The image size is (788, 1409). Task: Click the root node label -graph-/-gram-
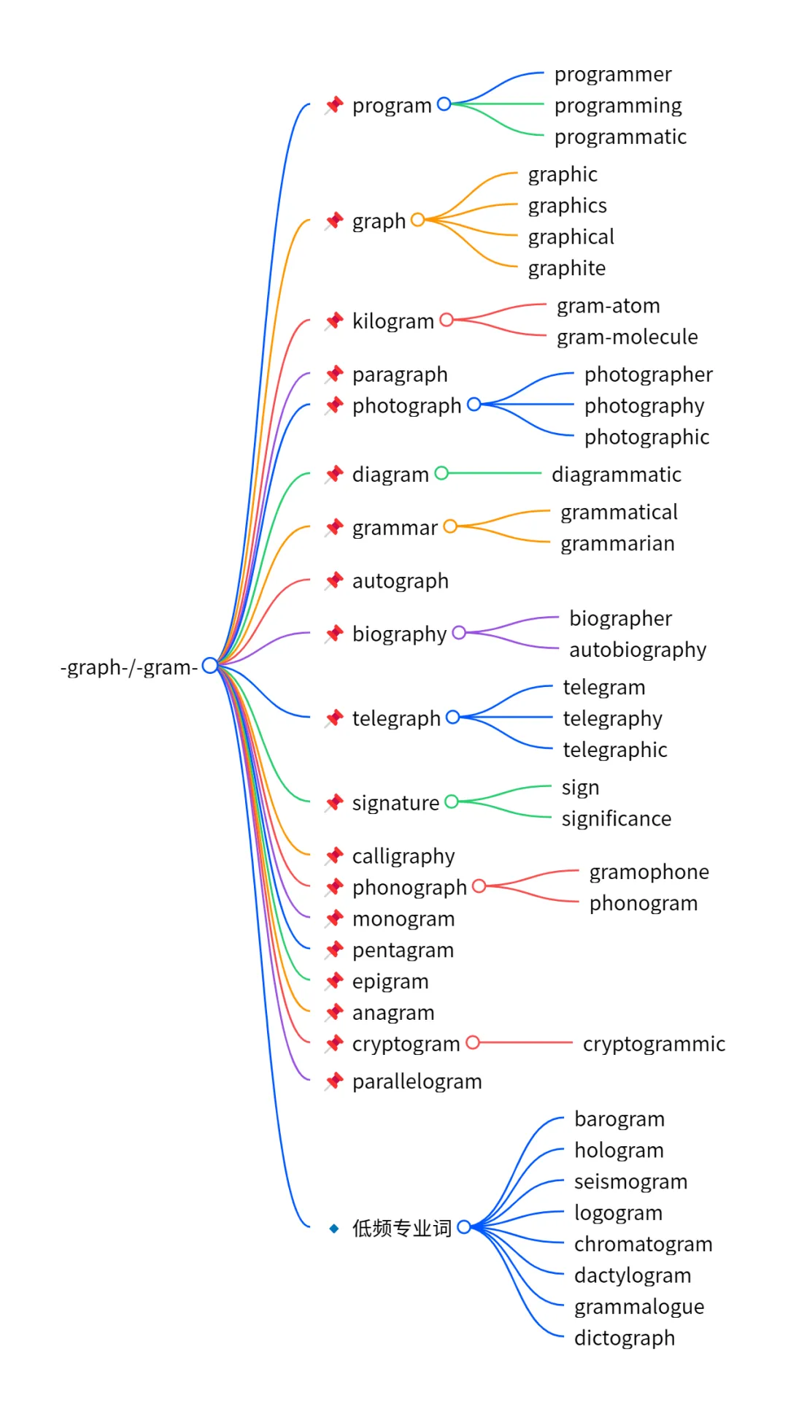(129, 667)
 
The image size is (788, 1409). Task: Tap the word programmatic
(620, 137)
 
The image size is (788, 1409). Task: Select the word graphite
(567, 269)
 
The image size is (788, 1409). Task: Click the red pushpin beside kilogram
(335, 320)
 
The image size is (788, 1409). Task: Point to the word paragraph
(400, 375)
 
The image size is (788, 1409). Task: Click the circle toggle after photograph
(474, 404)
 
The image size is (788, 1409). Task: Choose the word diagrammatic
(617, 475)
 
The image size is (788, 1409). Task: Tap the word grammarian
(617, 544)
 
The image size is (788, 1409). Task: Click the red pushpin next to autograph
(335, 580)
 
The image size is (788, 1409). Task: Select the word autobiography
(638, 650)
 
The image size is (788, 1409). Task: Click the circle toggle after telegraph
(453, 718)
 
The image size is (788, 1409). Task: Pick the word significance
(617, 819)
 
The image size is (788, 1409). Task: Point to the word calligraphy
(403, 856)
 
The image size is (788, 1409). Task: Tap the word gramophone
(649, 872)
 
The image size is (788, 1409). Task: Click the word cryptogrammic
(654, 1044)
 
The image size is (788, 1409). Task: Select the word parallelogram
(417, 1081)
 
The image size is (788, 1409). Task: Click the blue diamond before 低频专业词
(334, 1229)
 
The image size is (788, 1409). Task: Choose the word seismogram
(630, 1182)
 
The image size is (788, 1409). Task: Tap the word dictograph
(625, 1338)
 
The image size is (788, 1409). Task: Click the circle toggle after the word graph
(418, 220)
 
